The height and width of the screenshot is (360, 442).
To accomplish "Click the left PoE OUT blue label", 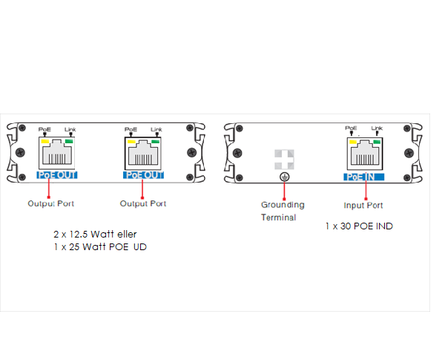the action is coord(57,175).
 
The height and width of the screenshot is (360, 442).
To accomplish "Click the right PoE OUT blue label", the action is coord(143,175).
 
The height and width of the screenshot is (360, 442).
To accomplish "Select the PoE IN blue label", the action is coord(363,177).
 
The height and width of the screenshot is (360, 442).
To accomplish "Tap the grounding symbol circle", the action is coord(285,177).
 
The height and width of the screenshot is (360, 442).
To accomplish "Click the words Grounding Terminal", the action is coord(283,211).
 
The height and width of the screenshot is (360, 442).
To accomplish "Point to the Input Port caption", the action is coord(363,206).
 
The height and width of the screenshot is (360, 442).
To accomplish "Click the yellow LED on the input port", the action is coord(353,142).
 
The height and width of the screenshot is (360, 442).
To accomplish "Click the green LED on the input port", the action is coord(377,142).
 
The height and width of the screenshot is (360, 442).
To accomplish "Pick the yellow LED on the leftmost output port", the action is coord(45,141).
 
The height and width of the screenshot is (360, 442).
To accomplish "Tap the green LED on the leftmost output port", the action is coord(69,141).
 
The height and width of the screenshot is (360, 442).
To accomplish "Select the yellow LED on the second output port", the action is coord(131,141).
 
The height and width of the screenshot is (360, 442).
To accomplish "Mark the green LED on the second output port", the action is coord(155,141).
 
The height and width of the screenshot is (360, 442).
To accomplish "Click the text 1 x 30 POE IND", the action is coord(359,226).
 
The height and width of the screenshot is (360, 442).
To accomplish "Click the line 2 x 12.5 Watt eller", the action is coord(95,234).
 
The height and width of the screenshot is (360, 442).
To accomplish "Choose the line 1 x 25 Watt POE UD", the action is coord(100,247).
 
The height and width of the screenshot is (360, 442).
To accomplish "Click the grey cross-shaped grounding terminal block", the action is coord(285,160).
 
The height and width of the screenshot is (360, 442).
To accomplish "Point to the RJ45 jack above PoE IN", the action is coord(365,154).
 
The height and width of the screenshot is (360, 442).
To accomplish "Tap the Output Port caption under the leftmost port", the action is coord(50,203).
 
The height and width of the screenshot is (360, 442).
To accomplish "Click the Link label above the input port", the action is coord(377,128).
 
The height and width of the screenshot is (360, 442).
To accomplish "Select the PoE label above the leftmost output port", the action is coord(44,129).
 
